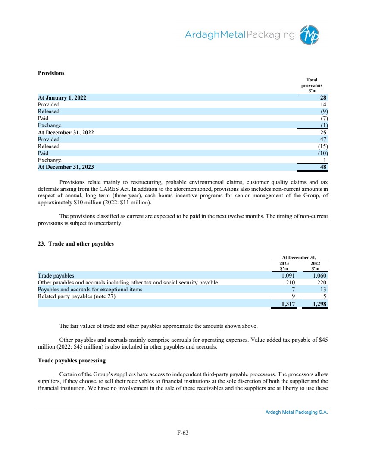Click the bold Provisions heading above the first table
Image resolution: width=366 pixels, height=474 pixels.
coord(51,73)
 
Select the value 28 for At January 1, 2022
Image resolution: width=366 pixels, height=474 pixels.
coord(322,97)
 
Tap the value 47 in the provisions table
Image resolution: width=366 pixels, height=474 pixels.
coord(322,139)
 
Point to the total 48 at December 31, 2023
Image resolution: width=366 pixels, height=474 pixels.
coord(322,167)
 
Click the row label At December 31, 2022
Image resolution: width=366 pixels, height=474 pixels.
coord(66,132)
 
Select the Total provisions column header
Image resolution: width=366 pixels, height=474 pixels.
coord(312,85)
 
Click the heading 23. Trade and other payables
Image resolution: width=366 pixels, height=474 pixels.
coord(75,244)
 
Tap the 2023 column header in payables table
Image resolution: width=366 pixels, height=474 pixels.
coord(284,262)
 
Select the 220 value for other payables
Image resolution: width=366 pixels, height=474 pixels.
coord(320,282)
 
